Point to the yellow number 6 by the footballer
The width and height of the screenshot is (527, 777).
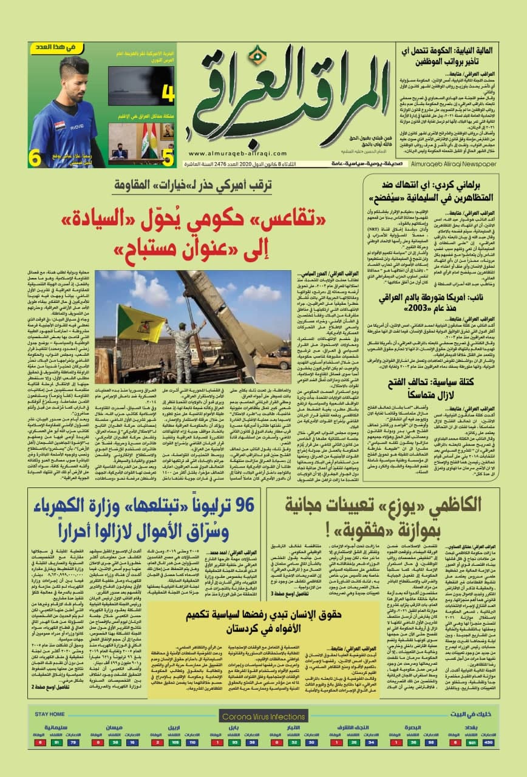click(x=36, y=157)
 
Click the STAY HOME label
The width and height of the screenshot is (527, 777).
click(x=50, y=697)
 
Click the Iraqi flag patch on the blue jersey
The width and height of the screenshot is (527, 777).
click(x=60, y=129)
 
